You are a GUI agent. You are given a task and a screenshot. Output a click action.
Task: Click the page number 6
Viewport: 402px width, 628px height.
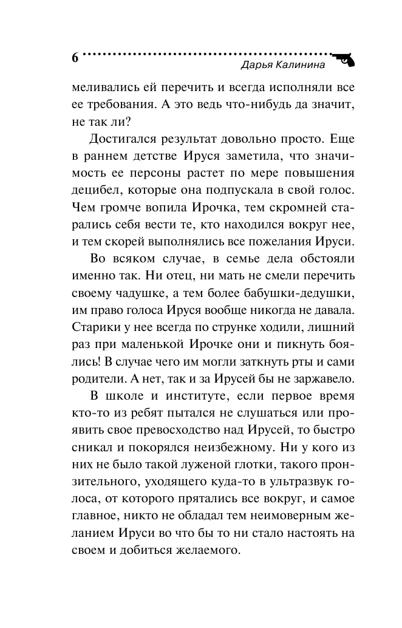pos(75,58)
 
